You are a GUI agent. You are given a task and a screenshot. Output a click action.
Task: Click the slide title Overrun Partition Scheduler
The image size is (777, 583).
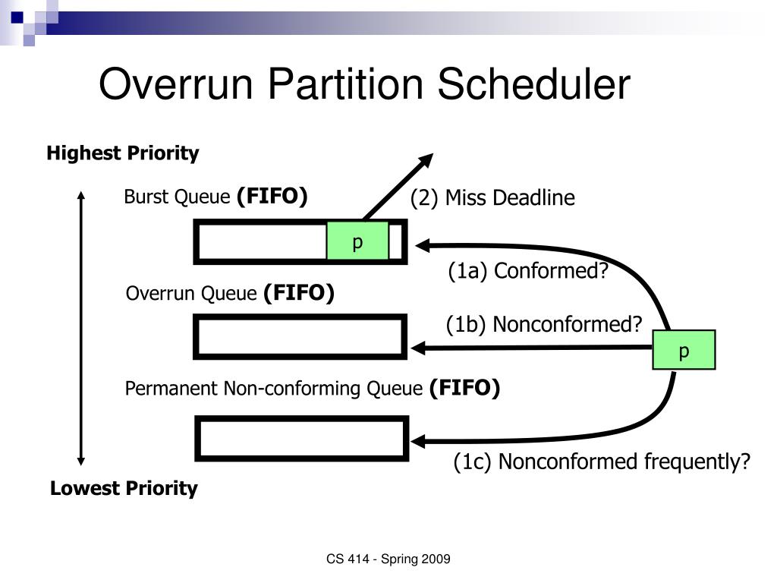(364, 84)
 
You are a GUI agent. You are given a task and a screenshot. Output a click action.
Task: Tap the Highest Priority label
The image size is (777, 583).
(123, 153)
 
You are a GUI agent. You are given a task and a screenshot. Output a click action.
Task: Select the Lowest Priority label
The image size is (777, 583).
(124, 488)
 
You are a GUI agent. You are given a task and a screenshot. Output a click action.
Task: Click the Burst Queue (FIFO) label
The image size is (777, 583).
(215, 197)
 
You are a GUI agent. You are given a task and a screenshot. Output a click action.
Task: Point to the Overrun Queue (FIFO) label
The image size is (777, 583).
(230, 293)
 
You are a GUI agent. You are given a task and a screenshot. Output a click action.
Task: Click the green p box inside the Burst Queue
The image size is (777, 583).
(357, 241)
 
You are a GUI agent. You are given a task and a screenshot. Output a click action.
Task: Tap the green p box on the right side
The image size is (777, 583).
(684, 350)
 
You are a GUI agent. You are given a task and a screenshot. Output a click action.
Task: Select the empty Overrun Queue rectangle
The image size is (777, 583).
(300, 337)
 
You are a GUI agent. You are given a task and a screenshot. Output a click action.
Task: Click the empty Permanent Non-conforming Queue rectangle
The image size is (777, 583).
(302, 438)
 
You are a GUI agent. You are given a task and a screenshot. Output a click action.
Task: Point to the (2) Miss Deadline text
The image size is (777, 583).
(492, 198)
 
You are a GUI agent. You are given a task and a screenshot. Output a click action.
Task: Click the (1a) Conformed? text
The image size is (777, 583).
(528, 271)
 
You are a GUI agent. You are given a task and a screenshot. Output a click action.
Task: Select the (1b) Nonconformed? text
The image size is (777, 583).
(543, 324)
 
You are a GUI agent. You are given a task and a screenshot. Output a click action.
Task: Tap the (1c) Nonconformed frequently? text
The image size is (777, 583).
(602, 462)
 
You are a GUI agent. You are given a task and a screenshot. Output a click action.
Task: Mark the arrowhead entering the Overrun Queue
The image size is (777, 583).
(418, 348)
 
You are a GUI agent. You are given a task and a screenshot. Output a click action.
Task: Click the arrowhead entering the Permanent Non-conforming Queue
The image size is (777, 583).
(418, 440)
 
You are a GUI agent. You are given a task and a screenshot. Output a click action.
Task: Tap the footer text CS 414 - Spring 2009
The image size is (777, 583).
(388, 559)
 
